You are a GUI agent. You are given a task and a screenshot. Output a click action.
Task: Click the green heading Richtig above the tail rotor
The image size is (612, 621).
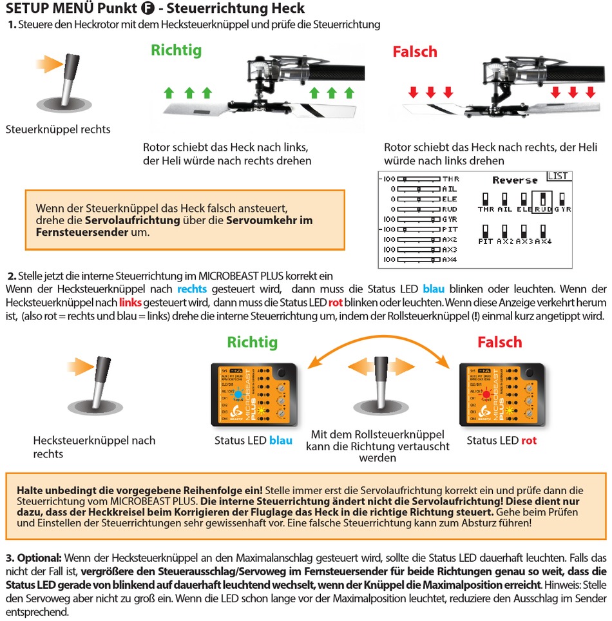pyautogui.click(x=176, y=50)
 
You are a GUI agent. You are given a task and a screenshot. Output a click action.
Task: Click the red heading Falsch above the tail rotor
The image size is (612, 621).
pyautogui.click(x=415, y=52)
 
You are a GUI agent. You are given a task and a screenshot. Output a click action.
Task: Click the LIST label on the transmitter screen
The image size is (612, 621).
pyautogui.click(x=558, y=176)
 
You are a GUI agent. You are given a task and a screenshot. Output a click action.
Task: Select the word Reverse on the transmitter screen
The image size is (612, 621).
pyautogui.click(x=515, y=180)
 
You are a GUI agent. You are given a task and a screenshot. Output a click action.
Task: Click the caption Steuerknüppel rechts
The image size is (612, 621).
pyautogui.click(x=57, y=129)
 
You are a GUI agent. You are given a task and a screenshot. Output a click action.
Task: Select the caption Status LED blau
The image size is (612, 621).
pyautogui.click(x=253, y=441)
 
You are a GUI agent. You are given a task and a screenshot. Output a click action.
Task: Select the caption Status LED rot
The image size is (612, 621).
pyautogui.click(x=501, y=441)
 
